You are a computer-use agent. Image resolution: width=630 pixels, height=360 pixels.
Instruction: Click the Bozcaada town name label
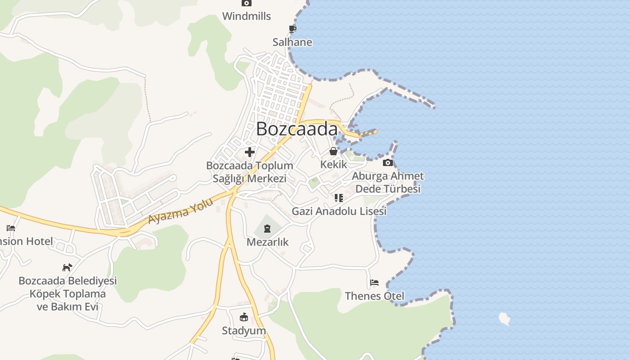point(297,129)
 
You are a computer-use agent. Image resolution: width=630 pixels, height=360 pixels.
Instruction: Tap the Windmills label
point(247,16)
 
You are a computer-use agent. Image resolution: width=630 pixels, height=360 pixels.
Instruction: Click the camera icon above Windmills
point(246,3)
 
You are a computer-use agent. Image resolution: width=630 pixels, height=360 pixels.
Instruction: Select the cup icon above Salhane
point(292,29)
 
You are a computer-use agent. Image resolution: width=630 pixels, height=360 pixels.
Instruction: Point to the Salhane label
point(292,42)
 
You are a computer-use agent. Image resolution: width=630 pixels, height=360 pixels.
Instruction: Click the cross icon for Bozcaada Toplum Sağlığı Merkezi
point(250,152)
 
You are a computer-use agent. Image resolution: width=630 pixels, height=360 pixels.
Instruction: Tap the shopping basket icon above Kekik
point(333,151)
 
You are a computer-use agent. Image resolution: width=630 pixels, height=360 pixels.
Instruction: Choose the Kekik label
point(333,164)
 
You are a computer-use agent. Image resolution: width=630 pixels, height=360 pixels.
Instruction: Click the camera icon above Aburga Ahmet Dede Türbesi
point(388,162)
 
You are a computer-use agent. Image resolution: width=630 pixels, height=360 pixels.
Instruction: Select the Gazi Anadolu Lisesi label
point(339,211)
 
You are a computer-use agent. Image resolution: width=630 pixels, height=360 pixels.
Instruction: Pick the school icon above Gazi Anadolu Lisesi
point(339,198)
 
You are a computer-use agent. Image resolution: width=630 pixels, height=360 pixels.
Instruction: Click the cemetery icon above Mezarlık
point(267,229)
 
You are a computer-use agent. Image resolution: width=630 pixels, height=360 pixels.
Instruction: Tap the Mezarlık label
point(267,242)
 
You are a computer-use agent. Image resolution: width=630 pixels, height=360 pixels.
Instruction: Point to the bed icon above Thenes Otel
point(374,283)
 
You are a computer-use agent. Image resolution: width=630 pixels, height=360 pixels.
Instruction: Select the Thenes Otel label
point(374,296)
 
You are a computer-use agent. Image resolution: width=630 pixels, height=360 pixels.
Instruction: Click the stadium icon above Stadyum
point(244,317)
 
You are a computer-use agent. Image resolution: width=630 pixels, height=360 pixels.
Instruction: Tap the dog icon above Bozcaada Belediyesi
point(67,267)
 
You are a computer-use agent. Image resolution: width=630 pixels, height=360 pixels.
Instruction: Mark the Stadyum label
point(244,331)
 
